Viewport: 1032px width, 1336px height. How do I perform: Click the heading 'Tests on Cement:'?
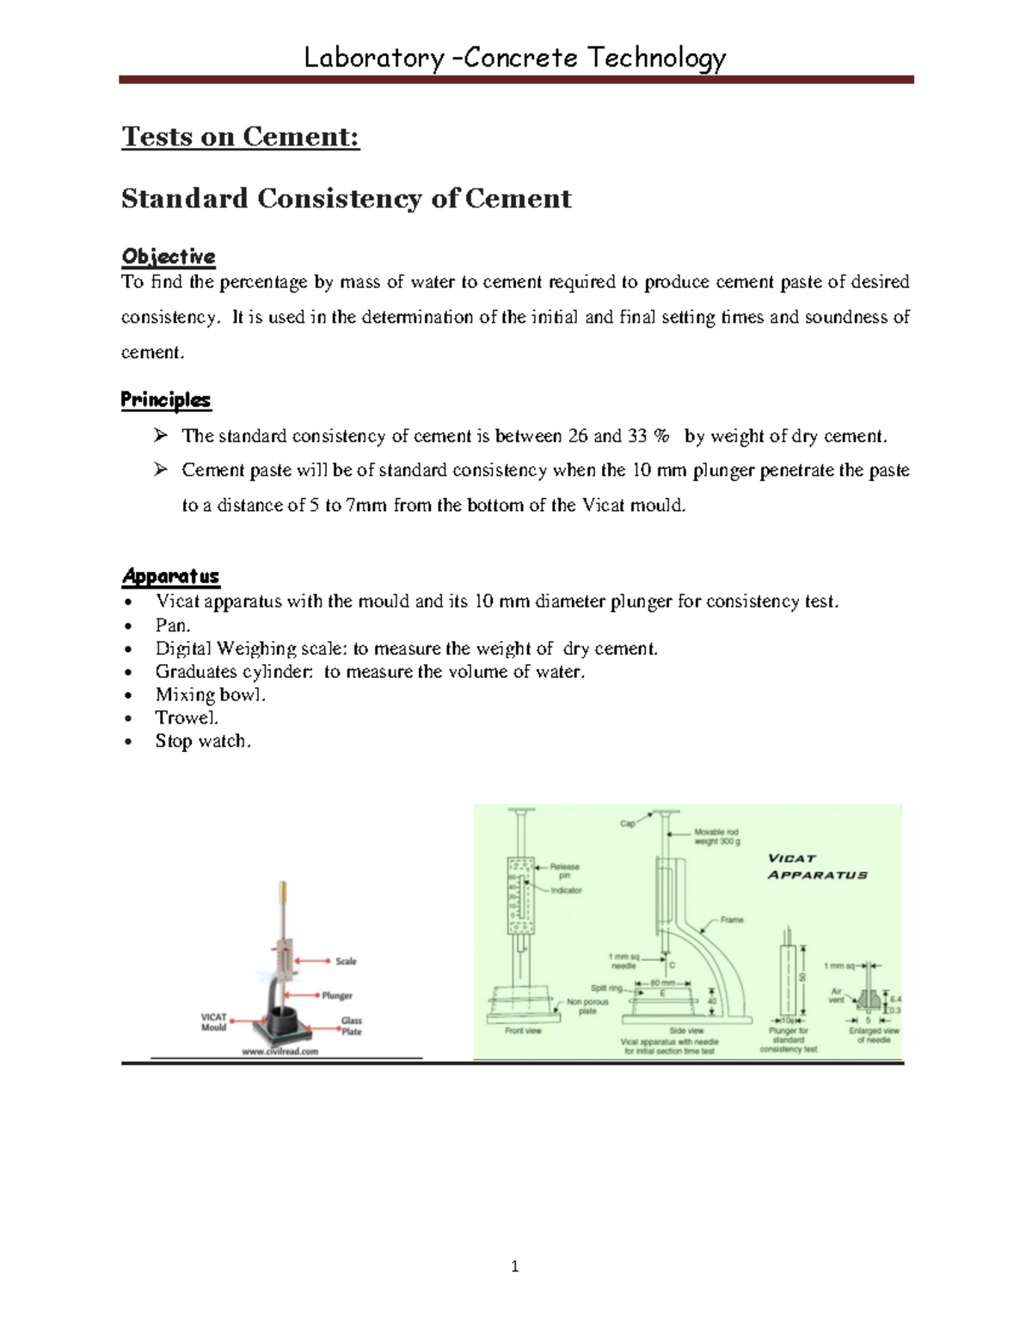[x=240, y=137]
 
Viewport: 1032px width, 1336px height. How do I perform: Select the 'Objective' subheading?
[x=169, y=256]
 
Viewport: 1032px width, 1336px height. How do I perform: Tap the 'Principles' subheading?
[x=165, y=400]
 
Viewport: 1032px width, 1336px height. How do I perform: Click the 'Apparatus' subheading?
[x=170, y=576]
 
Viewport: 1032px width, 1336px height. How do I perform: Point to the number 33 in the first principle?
[x=636, y=436]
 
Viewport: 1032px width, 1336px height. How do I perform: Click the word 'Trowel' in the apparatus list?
[x=186, y=717]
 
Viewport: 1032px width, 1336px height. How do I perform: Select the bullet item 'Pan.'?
[x=172, y=625]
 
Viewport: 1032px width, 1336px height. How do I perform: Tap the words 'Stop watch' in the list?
[x=201, y=741]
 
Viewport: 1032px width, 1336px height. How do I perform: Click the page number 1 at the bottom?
[x=514, y=1265]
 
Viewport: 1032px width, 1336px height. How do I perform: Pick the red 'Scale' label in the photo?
[x=346, y=961]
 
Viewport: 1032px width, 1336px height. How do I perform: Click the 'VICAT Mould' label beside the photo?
[x=213, y=1022]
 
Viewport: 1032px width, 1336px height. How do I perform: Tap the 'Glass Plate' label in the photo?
[x=352, y=1025]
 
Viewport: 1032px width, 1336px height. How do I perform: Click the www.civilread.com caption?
[x=280, y=1051]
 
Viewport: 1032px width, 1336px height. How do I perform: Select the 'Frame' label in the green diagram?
[x=732, y=920]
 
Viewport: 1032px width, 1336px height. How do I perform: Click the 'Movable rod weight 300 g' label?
[x=716, y=836]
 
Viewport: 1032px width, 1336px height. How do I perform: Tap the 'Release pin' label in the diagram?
[x=564, y=871]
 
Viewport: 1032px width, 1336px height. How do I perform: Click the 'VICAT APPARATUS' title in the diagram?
[x=817, y=866]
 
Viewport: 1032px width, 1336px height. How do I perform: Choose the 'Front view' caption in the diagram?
[x=523, y=1031]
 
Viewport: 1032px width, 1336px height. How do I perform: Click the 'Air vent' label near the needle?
[x=836, y=995]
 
